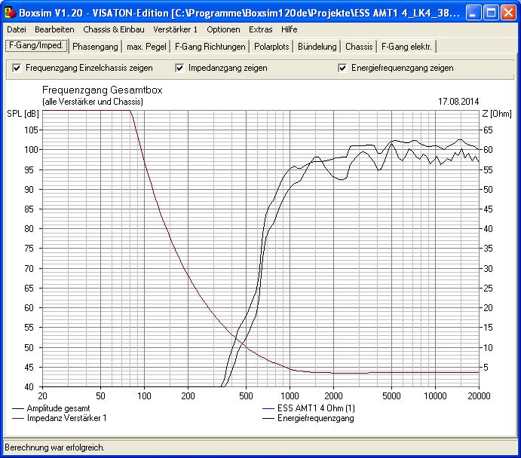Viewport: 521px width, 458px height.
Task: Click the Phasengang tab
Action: [x=95, y=47]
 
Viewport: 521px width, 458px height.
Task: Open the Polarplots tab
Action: [x=271, y=47]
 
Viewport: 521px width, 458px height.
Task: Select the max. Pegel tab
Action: [x=146, y=47]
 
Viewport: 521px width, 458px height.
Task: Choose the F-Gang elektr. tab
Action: [x=406, y=47]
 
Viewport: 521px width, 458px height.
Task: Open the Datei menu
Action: [x=17, y=29]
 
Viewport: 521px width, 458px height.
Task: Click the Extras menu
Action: [x=261, y=29]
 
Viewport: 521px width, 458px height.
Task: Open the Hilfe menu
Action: [x=289, y=29]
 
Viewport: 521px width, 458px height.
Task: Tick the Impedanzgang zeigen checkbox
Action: [x=179, y=68]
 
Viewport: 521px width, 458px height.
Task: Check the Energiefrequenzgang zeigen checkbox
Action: [x=342, y=68]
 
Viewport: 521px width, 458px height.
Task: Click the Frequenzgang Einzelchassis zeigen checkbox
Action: [x=17, y=68]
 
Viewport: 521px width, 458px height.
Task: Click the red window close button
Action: [x=508, y=13]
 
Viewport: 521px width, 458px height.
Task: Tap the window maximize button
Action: [x=491, y=13]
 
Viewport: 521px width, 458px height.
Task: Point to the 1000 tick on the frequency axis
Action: [x=290, y=395]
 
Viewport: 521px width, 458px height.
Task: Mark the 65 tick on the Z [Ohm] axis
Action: [x=488, y=130]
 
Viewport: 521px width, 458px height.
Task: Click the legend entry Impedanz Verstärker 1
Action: [x=67, y=418]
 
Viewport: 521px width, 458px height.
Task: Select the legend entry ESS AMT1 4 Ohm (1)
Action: [x=316, y=408]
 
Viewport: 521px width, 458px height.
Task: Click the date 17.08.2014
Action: [x=458, y=102]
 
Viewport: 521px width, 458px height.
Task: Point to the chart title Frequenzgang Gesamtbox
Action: [x=103, y=90]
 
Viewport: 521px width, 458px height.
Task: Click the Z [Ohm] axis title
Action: [x=497, y=114]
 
